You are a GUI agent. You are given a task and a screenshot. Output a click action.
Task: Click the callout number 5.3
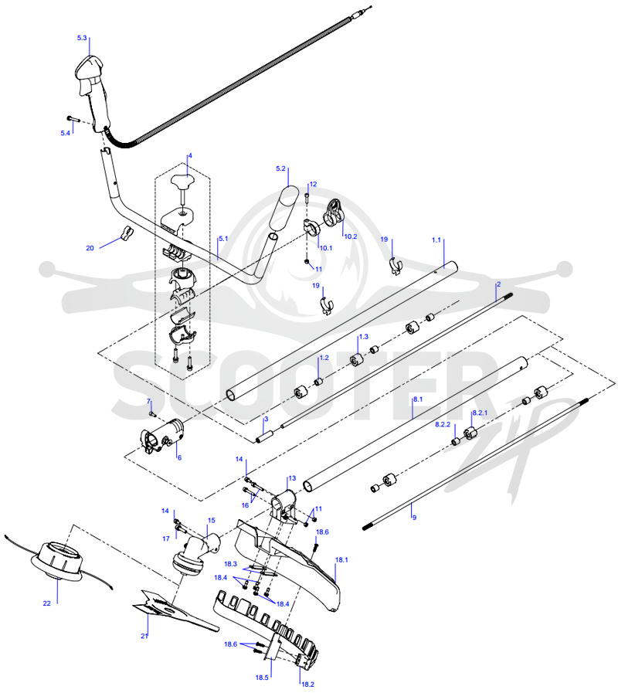(x=82, y=38)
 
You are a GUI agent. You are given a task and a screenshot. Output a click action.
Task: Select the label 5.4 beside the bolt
(x=66, y=133)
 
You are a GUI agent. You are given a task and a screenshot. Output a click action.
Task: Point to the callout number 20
(x=90, y=249)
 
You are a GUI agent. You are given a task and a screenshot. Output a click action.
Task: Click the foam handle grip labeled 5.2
(x=284, y=208)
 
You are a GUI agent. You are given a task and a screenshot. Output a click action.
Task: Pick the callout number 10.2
(x=351, y=236)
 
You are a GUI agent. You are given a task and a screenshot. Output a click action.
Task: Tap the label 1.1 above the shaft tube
(x=436, y=240)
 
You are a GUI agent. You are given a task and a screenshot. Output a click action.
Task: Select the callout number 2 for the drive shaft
(x=498, y=284)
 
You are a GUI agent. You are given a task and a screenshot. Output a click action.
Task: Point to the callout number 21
(x=144, y=636)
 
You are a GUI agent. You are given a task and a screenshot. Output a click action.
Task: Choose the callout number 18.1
(x=341, y=560)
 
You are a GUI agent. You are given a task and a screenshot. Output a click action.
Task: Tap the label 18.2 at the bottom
(x=307, y=685)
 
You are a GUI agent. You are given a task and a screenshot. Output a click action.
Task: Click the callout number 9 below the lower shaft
(x=414, y=517)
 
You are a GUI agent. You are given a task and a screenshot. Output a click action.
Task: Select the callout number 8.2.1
(x=480, y=413)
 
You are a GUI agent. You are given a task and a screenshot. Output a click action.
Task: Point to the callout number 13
(x=292, y=478)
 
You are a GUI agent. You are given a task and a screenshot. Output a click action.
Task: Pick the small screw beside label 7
(x=153, y=414)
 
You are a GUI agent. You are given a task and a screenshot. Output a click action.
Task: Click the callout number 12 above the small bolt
(x=313, y=185)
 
